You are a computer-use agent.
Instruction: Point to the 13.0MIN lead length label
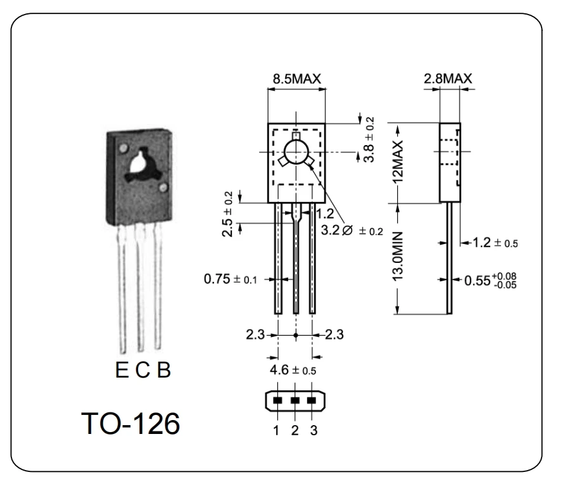pos(398,258)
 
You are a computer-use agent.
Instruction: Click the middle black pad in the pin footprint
pos(295,401)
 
